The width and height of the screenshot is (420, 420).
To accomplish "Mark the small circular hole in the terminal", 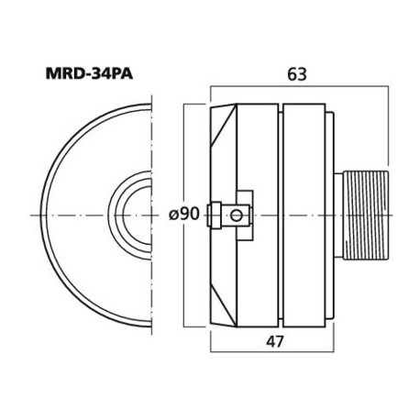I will (238, 216).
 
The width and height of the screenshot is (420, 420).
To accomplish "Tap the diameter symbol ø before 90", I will (173, 214).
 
